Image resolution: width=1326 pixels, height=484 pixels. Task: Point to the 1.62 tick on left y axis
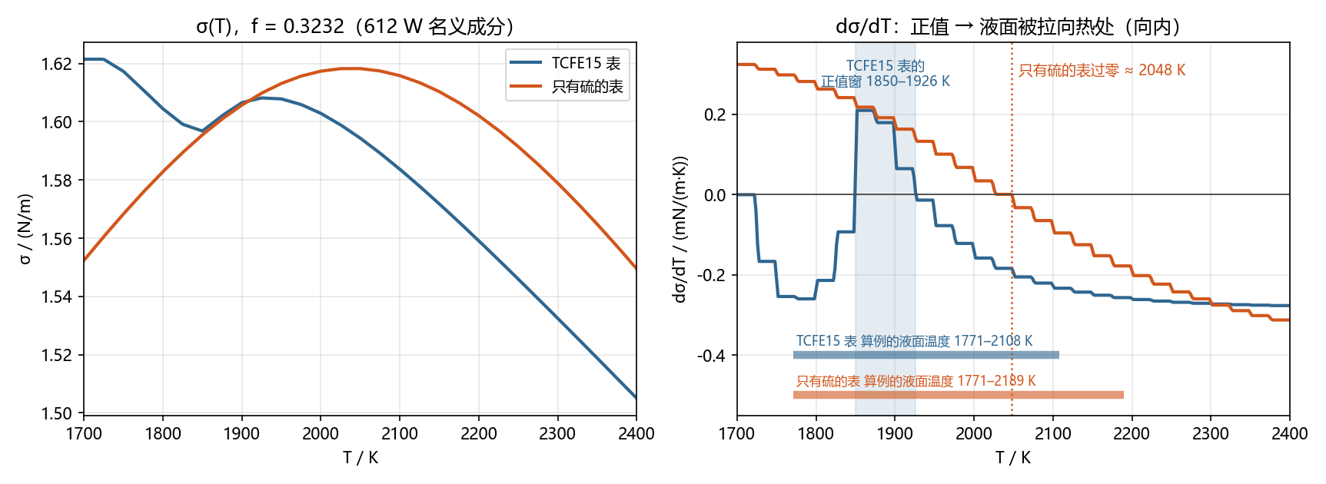(56, 64)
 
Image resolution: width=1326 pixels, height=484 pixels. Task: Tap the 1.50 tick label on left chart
(56, 413)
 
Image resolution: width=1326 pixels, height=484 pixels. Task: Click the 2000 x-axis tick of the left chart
(321, 434)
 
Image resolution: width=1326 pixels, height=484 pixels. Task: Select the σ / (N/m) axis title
(25, 228)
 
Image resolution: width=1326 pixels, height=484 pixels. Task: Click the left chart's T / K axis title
(360, 458)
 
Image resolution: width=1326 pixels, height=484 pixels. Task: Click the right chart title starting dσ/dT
(1007, 27)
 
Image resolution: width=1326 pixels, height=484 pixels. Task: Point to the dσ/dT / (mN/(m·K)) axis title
(680, 229)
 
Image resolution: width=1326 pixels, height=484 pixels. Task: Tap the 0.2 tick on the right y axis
(715, 115)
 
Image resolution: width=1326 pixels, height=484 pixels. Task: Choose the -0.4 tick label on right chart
(712, 356)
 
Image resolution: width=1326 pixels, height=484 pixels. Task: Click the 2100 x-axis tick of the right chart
(1052, 434)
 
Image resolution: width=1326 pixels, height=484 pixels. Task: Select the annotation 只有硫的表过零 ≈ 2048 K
(1102, 71)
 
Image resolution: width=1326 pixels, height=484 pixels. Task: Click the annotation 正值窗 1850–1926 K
(886, 81)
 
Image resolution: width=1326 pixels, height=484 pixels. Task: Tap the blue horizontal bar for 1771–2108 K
(926, 355)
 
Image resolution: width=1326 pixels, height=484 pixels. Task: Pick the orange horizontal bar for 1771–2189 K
(959, 395)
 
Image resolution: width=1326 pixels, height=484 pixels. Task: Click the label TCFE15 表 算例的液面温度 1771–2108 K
(914, 341)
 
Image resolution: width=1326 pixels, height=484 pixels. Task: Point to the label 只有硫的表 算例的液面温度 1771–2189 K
(916, 381)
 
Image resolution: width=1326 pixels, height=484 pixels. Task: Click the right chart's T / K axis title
(1013, 458)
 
